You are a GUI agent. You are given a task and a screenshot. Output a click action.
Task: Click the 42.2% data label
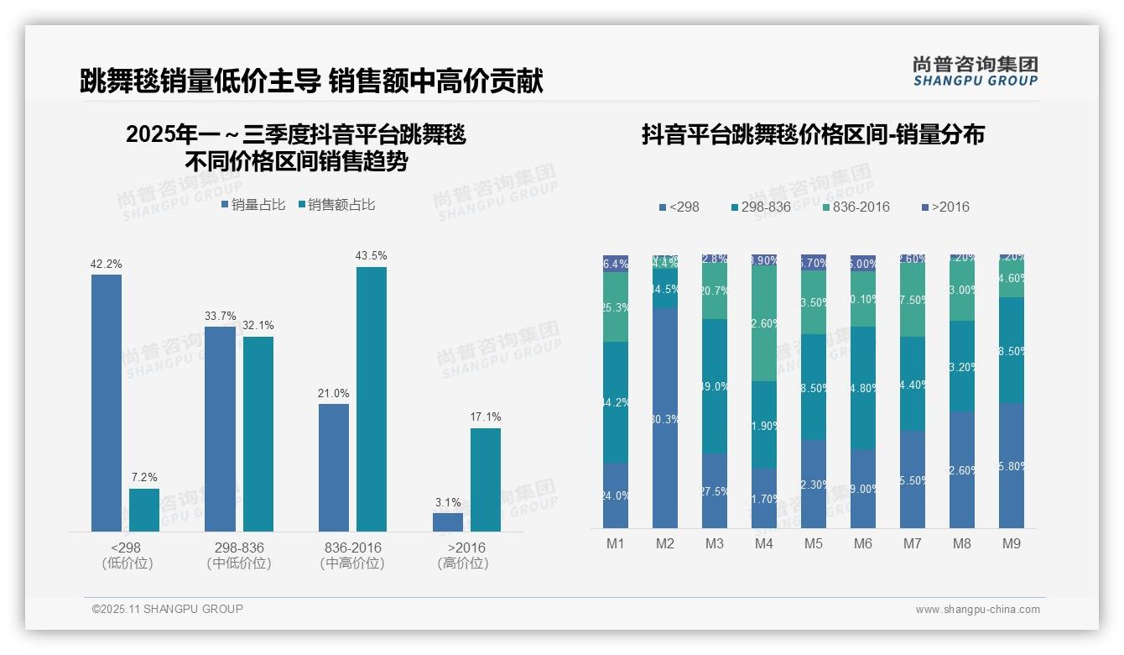pyautogui.click(x=106, y=264)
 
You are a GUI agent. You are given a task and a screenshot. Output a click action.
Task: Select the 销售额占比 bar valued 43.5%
pyautogui.click(x=371, y=399)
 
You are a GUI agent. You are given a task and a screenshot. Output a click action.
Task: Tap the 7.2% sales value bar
pyautogui.click(x=143, y=510)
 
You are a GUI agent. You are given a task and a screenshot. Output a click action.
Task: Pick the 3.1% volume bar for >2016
pyautogui.click(x=447, y=521)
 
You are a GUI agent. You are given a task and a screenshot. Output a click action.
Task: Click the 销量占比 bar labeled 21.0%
pyautogui.click(x=333, y=467)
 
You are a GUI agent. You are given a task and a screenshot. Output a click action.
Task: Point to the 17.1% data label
pyautogui.click(x=486, y=417)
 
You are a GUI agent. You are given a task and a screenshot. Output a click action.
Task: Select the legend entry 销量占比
pyautogui.click(x=253, y=205)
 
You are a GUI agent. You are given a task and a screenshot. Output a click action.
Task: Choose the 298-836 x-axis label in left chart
pyautogui.click(x=238, y=548)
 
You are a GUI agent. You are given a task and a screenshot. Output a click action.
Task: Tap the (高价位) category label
pyautogui.click(x=462, y=563)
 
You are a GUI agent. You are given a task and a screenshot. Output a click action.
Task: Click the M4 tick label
pyautogui.click(x=763, y=543)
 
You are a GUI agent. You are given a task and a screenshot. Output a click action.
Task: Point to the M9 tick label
pyautogui.click(x=1011, y=543)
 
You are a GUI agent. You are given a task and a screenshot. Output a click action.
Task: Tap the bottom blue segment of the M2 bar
pyautogui.click(x=665, y=417)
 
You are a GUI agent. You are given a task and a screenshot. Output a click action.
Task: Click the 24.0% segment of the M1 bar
pyautogui.click(x=616, y=495)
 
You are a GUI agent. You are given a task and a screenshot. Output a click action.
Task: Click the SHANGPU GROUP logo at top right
pyautogui.click(x=975, y=71)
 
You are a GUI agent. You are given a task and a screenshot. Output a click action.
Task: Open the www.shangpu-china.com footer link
pyautogui.click(x=977, y=610)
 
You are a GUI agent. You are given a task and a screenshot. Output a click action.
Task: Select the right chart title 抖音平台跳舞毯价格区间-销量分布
pyautogui.click(x=813, y=134)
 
